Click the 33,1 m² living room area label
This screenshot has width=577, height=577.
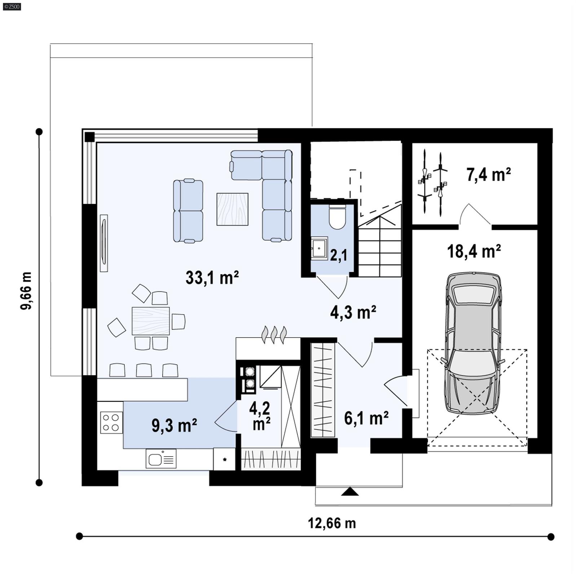click(x=212, y=278)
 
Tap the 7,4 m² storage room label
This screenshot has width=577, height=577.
click(x=488, y=175)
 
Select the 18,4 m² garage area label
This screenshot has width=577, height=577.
click(x=474, y=251)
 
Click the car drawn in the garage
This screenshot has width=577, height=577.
click(x=473, y=343)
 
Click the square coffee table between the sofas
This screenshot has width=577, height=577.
click(x=232, y=209)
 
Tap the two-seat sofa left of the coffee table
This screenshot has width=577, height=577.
click(x=188, y=211)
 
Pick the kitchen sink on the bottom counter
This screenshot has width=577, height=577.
click(x=161, y=459)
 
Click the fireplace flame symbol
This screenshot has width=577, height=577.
click(x=274, y=334)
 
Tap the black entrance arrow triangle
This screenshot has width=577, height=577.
click(x=349, y=492)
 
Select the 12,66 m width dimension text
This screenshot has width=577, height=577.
click(x=331, y=523)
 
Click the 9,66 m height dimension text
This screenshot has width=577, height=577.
click(x=26, y=291)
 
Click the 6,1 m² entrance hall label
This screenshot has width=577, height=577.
click(x=366, y=418)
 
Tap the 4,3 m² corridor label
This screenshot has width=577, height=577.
click(x=353, y=312)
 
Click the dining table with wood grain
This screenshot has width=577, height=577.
click(x=150, y=321)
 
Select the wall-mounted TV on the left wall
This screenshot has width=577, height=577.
click(x=104, y=243)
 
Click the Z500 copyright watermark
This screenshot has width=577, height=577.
click(x=12, y=6)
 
